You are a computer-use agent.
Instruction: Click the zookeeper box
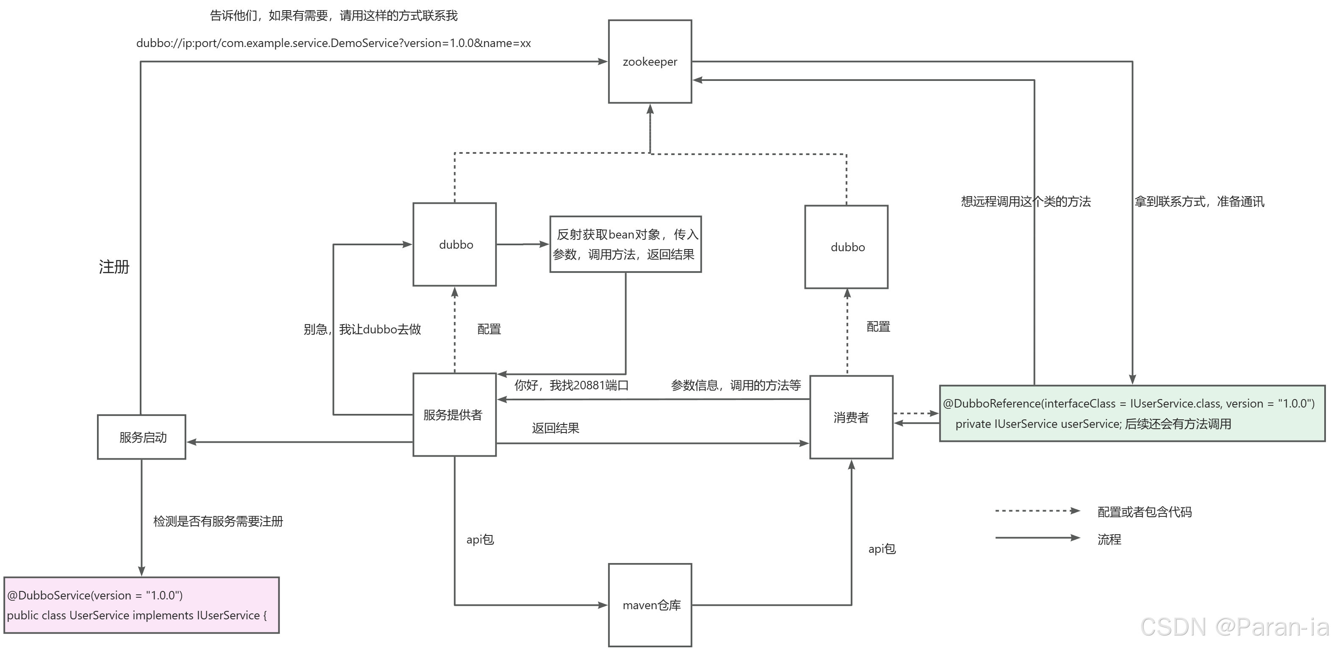coord(650,61)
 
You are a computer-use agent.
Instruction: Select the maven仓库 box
coord(650,605)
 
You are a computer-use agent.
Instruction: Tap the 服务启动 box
coord(141,437)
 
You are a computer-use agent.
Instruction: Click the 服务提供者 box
coord(454,415)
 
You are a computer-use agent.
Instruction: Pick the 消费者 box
coord(851,417)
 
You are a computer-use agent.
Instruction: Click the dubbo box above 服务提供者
coord(455,244)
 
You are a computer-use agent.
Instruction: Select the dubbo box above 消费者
coord(847,247)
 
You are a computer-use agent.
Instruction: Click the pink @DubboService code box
coord(141,605)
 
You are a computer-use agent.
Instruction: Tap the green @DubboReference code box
coord(1132,413)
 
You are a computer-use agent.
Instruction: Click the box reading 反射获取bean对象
coord(625,244)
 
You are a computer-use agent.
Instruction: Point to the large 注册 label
coord(114,267)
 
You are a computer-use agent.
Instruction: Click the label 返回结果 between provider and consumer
coord(556,428)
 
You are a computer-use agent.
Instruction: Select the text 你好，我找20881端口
coord(571,386)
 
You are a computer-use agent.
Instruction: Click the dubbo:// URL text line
coord(333,43)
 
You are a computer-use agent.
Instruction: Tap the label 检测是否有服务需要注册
coord(218,521)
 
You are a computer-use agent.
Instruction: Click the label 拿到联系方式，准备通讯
coord(1199,202)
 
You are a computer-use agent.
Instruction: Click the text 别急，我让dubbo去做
coord(362,329)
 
